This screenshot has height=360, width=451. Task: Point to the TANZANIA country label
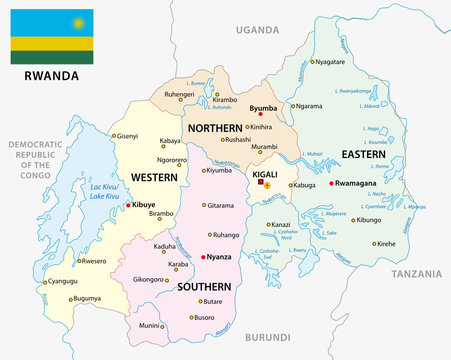point(417,273)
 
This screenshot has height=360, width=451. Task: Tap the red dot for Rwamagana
point(331,183)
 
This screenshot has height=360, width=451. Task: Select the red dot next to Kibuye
point(127,204)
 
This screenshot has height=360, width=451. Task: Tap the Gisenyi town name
point(128,135)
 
